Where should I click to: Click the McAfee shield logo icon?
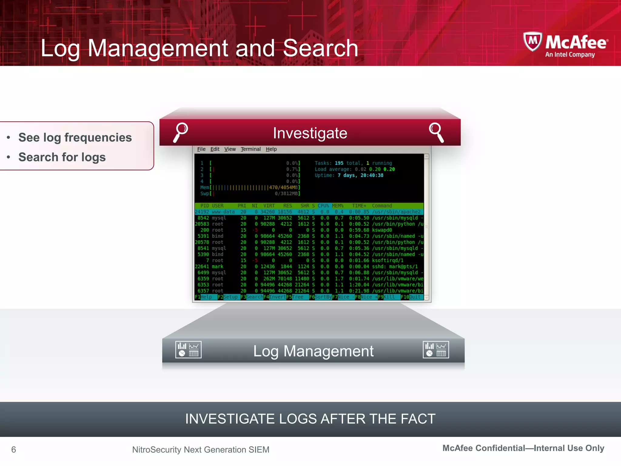pyautogui.click(x=533, y=42)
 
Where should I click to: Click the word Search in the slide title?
pyautogui.click(x=321, y=48)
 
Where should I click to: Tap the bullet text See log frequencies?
pyautogui.click(x=75, y=137)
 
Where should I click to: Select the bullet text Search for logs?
pyautogui.click(x=62, y=157)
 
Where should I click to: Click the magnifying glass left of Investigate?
pyautogui.click(x=181, y=132)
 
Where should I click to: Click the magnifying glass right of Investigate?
pyautogui.click(x=436, y=132)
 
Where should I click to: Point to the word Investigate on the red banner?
pyautogui.click(x=310, y=133)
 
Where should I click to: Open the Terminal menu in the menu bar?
pyautogui.click(x=250, y=149)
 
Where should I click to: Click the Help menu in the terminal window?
pyautogui.click(x=271, y=149)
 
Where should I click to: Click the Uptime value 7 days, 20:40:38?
pyautogui.click(x=360, y=175)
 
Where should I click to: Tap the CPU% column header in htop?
pyautogui.click(x=323, y=206)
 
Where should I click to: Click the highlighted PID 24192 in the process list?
pyautogui.click(x=202, y=212)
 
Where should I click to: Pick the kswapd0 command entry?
pyautogui.click(x=382, y=230)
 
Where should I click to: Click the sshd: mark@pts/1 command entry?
pyautogui.click(x=394, y=266)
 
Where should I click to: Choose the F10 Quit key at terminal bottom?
pyautogui.click(x=411, y=297)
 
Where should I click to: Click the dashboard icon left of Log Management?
pyautogui.click(x=188, y=350)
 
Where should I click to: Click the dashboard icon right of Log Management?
pyautogui.click(x=436, y=350)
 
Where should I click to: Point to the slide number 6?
pyautogui.click(x=14, y=449)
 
